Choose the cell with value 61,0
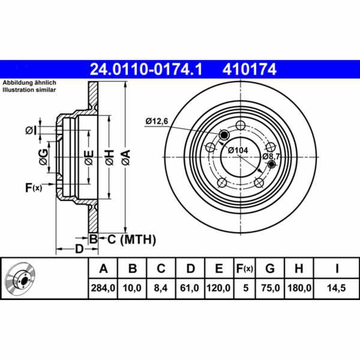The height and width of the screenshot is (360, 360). [x=190, y=288]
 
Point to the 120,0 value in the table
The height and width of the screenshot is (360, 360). [x=218, y=288]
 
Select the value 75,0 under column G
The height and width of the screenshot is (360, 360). [x=271, y=288]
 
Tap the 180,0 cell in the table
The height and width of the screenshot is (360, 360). [x=300, y=288]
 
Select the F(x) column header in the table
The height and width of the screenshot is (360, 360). [x=244, y=268]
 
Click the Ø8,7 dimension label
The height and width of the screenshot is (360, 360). [x=271, y=155]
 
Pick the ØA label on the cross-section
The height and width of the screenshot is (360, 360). [x=125, y=158]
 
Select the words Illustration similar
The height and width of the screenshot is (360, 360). [x=28, y=89]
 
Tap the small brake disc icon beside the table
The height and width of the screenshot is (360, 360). [x=20, y=279]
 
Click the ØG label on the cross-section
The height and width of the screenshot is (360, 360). [x=42, y=158]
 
